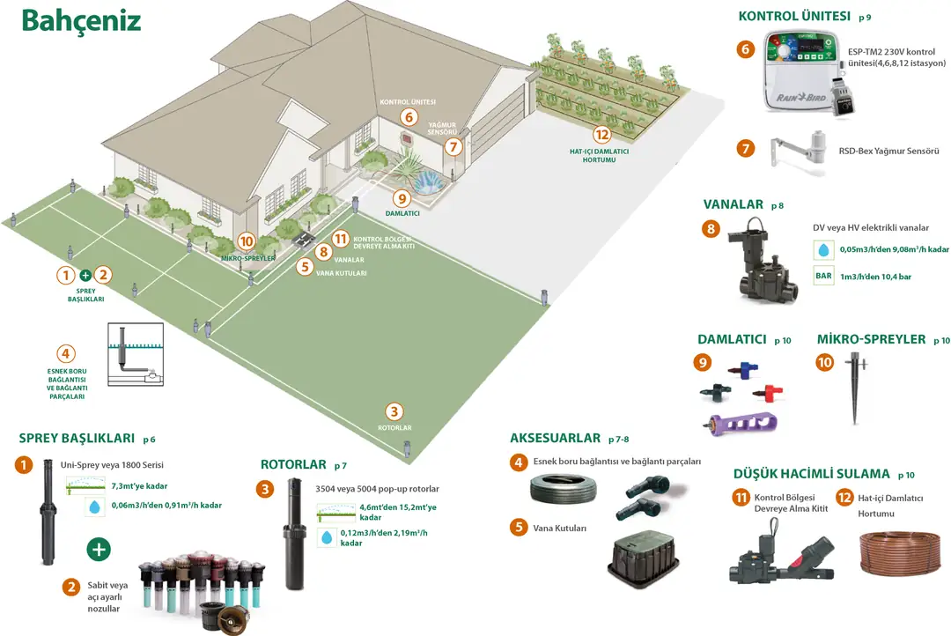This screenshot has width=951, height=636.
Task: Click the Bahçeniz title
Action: [x=81, y=21]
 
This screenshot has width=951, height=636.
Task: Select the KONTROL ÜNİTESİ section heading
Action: [x=794, y=16]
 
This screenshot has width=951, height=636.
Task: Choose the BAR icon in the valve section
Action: [x=823, y=276]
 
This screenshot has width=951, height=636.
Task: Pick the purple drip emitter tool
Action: [x=741, y=422]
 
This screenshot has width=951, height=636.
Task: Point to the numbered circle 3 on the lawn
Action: [x=394, y=411]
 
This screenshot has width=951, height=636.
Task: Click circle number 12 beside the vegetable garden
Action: [x=601, y=135]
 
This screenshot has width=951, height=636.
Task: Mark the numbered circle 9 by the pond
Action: [x=402, y=198]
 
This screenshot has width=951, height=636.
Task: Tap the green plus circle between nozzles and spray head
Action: [x=99, y=550]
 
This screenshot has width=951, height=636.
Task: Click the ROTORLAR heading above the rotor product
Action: [x=291, y=464]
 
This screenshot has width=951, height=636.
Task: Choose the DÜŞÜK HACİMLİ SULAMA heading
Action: [x=811, y=473]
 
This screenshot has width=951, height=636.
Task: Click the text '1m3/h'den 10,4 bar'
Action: [x=874, y=276]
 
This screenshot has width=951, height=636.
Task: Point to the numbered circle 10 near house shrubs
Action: [x=246, y=241]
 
